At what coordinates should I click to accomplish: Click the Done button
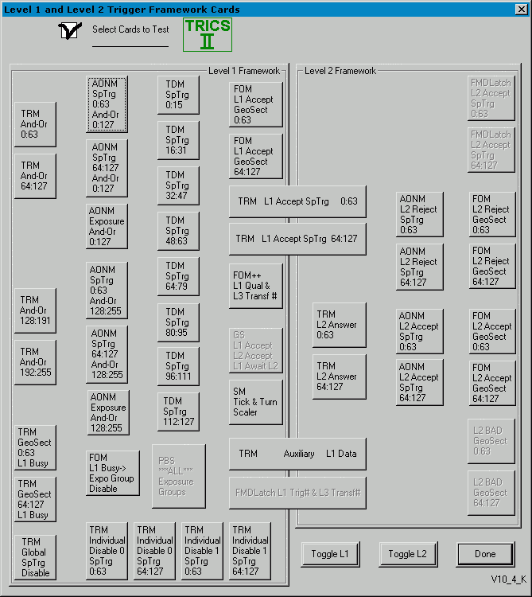pyautogui.click(x=485, y=554)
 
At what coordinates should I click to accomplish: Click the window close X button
pyautogui.click(x=522, y=10)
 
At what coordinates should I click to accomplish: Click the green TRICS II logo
pyautogui.click(x=207, y=34)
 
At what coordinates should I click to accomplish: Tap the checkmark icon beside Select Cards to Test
pyautogui.click(x=70, y=31)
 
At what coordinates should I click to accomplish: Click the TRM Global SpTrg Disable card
pyautogui.click(x=35, y=556)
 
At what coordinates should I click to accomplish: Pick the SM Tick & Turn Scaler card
pyautogui.click(x=255, y=402)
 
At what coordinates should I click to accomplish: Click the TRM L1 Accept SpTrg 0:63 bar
pyautogui.click(x=297, y=201)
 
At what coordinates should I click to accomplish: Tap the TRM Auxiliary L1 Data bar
pyautogui.click(x=297, y=454)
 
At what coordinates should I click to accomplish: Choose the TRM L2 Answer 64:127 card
pyautogui.click(x=339, y=377)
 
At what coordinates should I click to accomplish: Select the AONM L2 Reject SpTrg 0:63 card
pyautogui.click(x=419, y=214)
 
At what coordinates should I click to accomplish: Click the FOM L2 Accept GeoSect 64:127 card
pyautogui.click(x=491, y=383)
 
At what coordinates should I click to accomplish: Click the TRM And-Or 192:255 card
pyautogui.click(x=35, y=362)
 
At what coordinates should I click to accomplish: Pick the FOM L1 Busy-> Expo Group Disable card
pyautogui.click(x=112, y=473)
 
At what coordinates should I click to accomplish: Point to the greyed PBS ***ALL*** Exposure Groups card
pyautogui.click(x=178, y=476)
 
